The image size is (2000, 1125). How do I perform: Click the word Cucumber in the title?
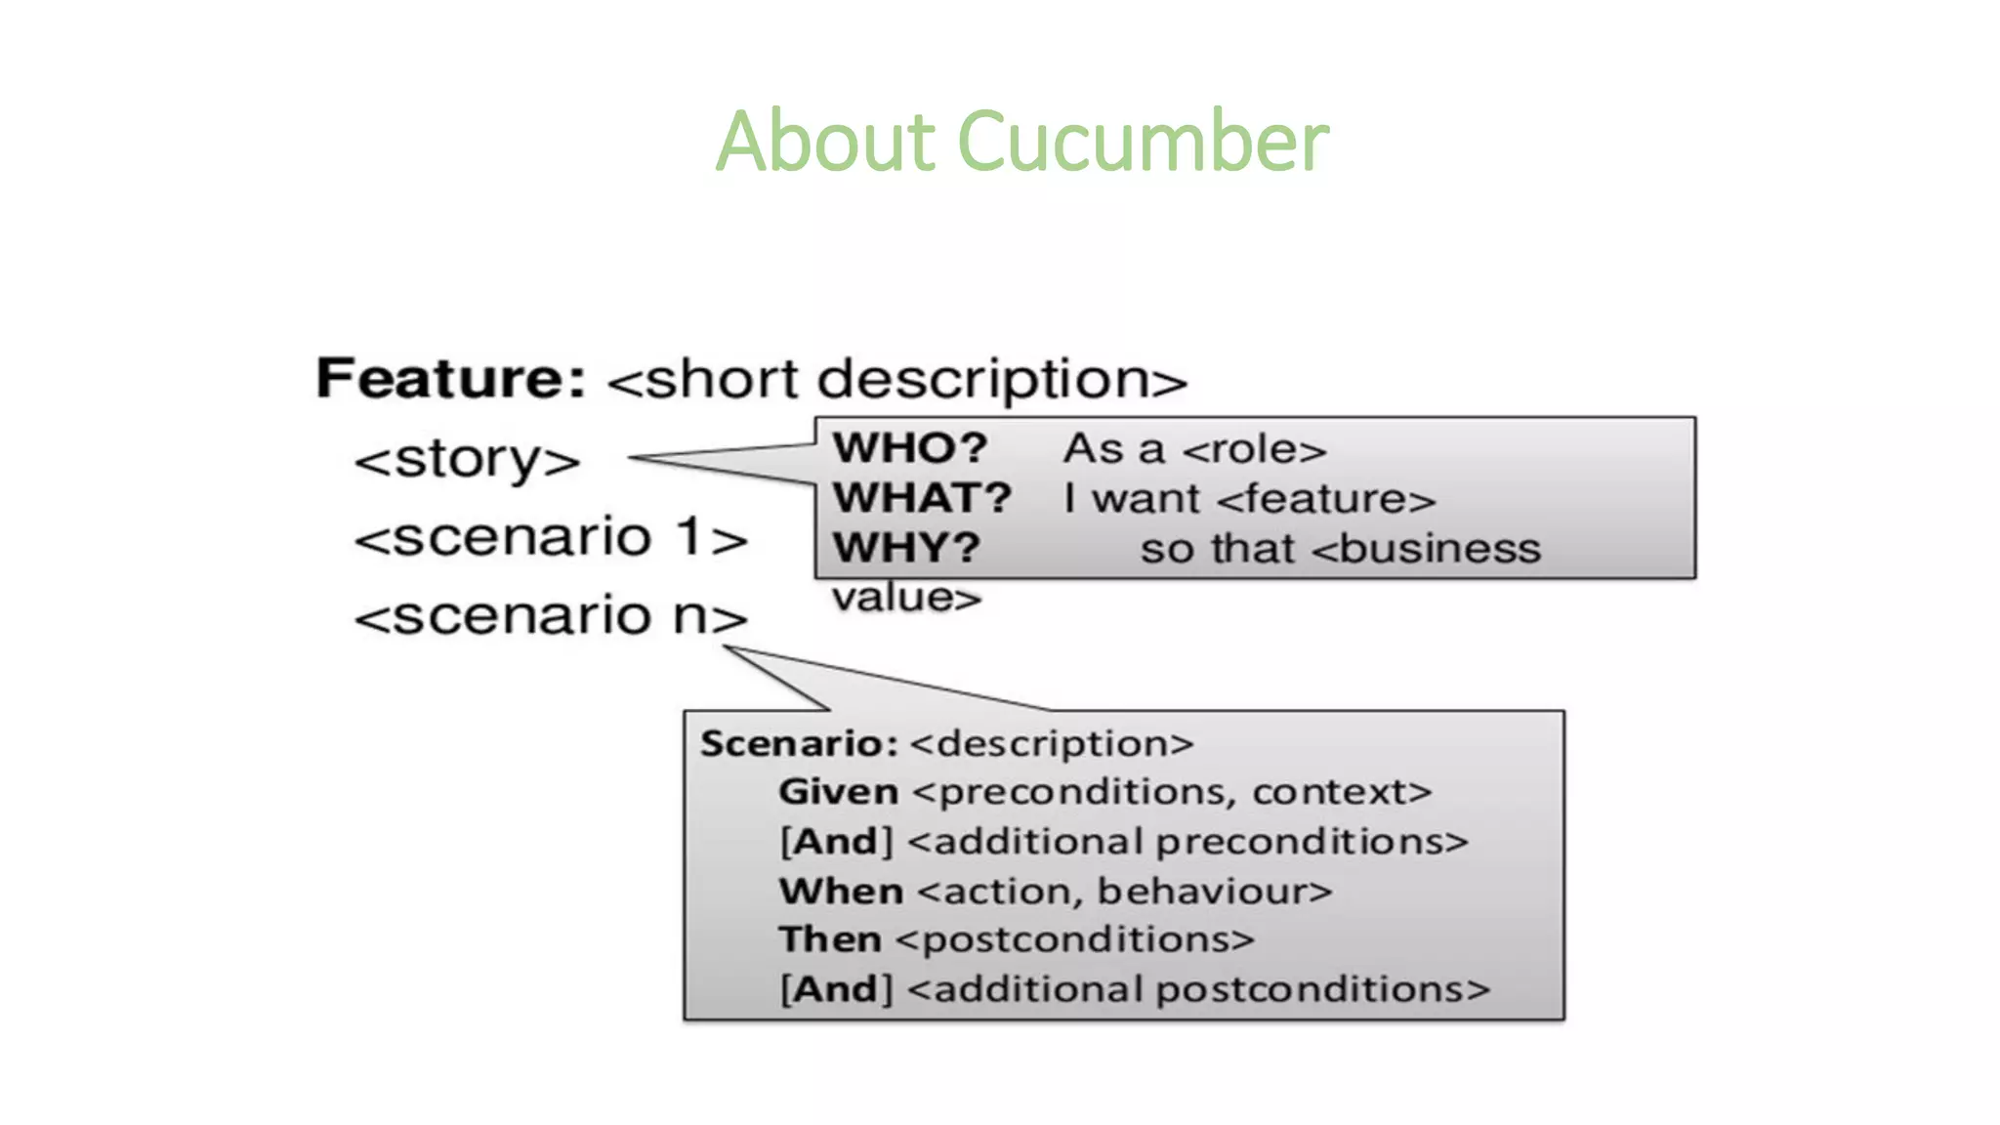(x=1143, y=142)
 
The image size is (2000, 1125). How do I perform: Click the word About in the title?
(x=825, y=142)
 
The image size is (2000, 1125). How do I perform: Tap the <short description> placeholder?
(x=896, y=380)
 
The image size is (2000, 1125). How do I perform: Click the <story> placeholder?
(x=467, y=460)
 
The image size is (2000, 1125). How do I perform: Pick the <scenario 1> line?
(x=550, y=538)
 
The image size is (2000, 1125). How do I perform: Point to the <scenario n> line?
(x=550, y=616)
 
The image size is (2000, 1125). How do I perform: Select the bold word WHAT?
(x=922, y=498)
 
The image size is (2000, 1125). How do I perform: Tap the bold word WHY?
(x=906, y=548)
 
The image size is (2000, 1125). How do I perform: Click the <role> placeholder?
(x=1254, y=450)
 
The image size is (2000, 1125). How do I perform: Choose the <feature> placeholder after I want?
(x=1326, y=500)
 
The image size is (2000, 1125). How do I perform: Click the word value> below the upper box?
(x=906, y=598)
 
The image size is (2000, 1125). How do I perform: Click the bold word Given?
(x=838, y=792)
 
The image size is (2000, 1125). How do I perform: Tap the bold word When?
(x=841, y=892)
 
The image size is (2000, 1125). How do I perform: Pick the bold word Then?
(x=830, y=939)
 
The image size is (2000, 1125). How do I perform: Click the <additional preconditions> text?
(x=1187, y=842)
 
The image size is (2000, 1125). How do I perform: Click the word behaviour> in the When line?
(x=1215, y=892)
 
